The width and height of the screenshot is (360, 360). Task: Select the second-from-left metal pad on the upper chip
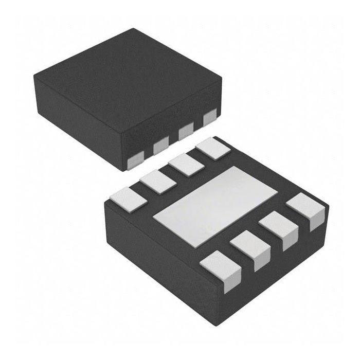[x=161, y=145]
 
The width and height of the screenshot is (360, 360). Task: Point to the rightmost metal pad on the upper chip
[x=210, y=119]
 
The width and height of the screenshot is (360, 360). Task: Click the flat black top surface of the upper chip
[x=129, y=77]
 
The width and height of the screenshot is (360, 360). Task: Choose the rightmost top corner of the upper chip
[x=222, y=78]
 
